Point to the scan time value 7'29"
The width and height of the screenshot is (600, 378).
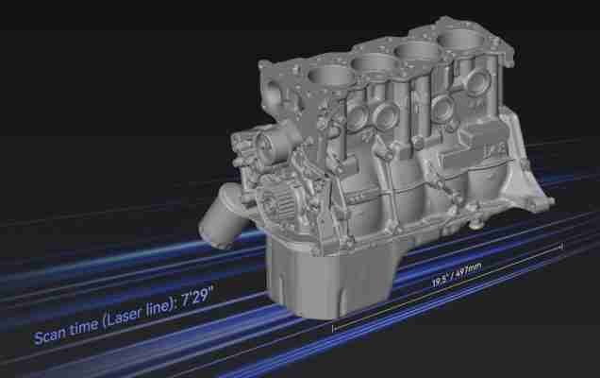(x=196, y=296)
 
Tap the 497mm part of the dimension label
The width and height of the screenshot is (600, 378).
(x=468, y=270)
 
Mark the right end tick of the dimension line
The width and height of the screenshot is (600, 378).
(x=561, y=246)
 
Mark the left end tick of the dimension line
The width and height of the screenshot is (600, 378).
(x=334, y=328)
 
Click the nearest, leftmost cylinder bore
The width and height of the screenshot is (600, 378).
(x=330, y=76)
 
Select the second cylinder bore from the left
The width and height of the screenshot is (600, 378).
(x=375, y=62)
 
